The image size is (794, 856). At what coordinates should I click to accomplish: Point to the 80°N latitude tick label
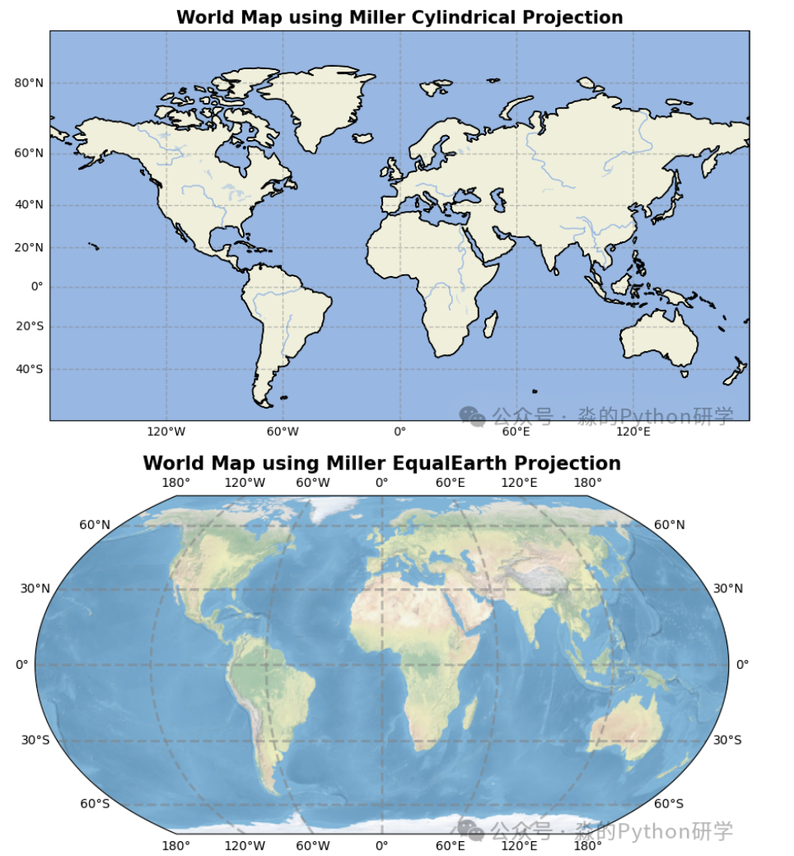(28, 83)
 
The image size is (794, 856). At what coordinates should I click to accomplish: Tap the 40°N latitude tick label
(28, 205)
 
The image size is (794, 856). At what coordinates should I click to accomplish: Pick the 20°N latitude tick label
(28, 247)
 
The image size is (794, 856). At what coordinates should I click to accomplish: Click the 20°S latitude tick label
(28, 326)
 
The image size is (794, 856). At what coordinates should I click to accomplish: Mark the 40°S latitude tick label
(28, 369)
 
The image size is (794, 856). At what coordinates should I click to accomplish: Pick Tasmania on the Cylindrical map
(684, 373)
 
